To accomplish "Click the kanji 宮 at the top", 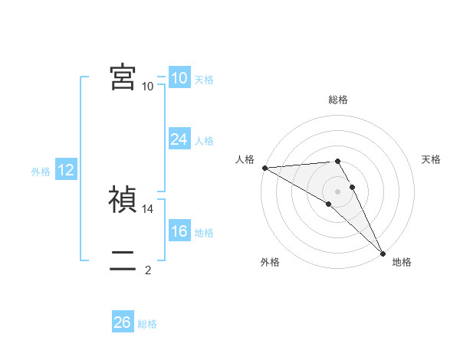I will click(x=123, y=77).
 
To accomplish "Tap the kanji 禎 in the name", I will click(x=123, y=199).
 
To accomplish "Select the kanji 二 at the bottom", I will click(x=123, y=260).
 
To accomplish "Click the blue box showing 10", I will click(x=179, y=78).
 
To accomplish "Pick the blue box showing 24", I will click(x=179, y=139).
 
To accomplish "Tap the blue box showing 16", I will click(x=179, y=231).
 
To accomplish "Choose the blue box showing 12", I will click(x=66, y=170).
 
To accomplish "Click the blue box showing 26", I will click(x=123, y=322).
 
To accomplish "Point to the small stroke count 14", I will click(x=149, y=208).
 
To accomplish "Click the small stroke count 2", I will click(x=148, y=270).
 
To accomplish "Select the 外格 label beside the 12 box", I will click(x=41, y=172).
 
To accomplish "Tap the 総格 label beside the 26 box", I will click(x=147, y=324).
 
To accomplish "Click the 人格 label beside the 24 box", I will click(x=204, y=141).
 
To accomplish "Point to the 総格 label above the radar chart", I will click(x=337, y=100).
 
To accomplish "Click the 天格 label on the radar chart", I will click(x=431, y=159).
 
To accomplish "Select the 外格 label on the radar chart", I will click(x=270, y=262).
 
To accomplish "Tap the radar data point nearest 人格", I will click(x=264, y=168).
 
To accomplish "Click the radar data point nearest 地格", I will click(x=383, y=252).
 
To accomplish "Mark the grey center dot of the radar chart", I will click(x=337, y=191).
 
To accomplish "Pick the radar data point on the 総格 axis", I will click(x=337, y=161).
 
